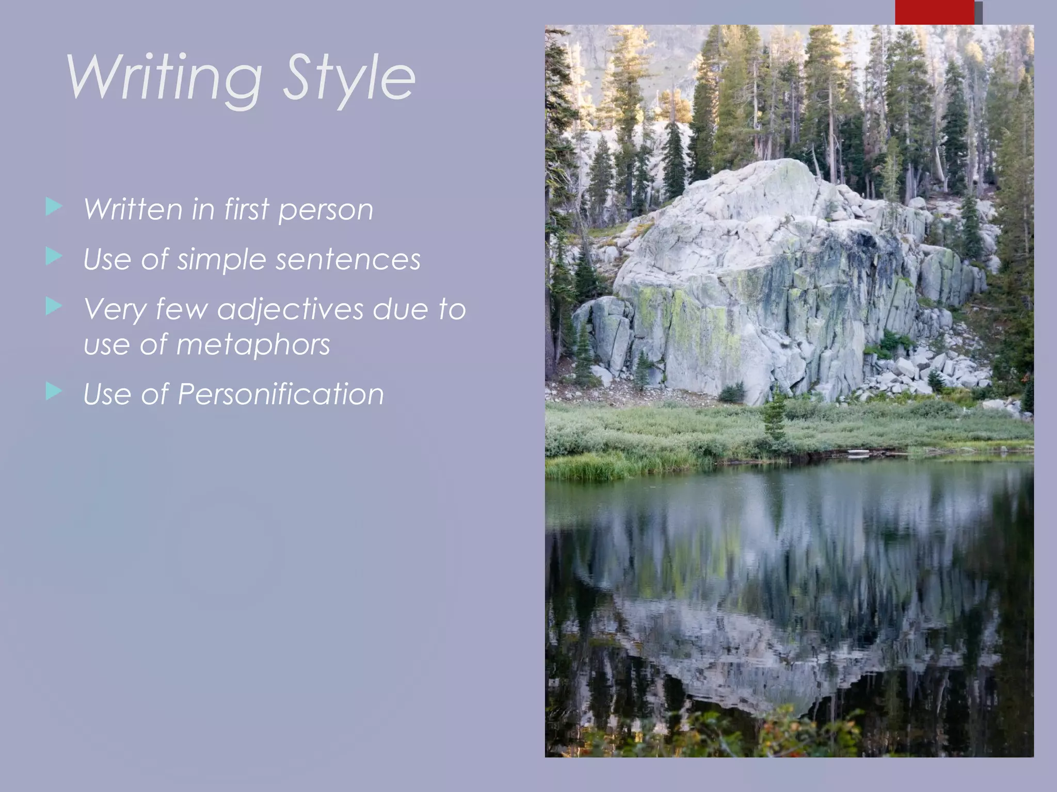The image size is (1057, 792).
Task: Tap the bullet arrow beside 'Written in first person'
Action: [x=54, y=207]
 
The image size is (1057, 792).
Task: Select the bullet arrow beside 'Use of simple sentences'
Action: [x=54, y=256]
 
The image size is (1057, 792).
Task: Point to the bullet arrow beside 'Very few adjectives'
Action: [x=54, y=306]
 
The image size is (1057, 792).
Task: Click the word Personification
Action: [x=281, y=394]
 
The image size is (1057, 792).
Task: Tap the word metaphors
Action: [x=253, y=344]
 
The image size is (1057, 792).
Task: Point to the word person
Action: [x=326, y=210]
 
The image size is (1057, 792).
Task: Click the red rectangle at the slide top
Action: [x=934, y=12]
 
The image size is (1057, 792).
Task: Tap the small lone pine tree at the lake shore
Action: [x=774, y=418]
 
